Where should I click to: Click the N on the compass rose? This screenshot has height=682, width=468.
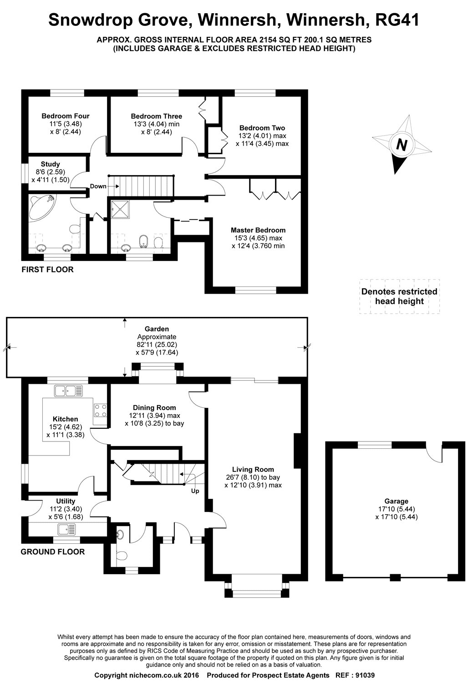click(x=402, y=145)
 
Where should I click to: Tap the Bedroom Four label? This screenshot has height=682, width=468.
click(x=66, y=116)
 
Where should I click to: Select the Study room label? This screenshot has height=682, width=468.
click(x=51, y=164)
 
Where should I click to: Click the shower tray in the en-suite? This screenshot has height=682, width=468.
click(x=120, y=209)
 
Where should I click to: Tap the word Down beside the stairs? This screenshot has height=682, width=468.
click(x=98, y=186)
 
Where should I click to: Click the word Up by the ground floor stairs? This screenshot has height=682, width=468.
click(x=195, y=491)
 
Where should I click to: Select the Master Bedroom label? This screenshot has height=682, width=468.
click(x=258, y=230)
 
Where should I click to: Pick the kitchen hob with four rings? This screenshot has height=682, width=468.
click(x=100, y=410)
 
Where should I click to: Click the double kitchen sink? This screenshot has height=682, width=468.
click(x=69, y=391)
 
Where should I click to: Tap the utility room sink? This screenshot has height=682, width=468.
click(x=66, y=529)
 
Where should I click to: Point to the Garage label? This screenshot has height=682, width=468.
click(x=397, y=501)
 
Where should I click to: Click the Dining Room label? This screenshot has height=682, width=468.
click(x=155, y=408)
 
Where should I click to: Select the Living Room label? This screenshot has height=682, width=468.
click(x=253, y=470)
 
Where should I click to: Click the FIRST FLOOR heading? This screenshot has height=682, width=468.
click(x=47, y=270)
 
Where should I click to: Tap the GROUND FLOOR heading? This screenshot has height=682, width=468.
click(x=53, y=552)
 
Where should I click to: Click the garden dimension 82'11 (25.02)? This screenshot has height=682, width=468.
click(x=157, y=345)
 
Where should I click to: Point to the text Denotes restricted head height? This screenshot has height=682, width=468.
click(x=399, y=296)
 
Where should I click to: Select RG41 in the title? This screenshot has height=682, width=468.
click(x=397, y=20)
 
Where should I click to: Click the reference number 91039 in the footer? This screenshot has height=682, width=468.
click(x=365, y=675)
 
